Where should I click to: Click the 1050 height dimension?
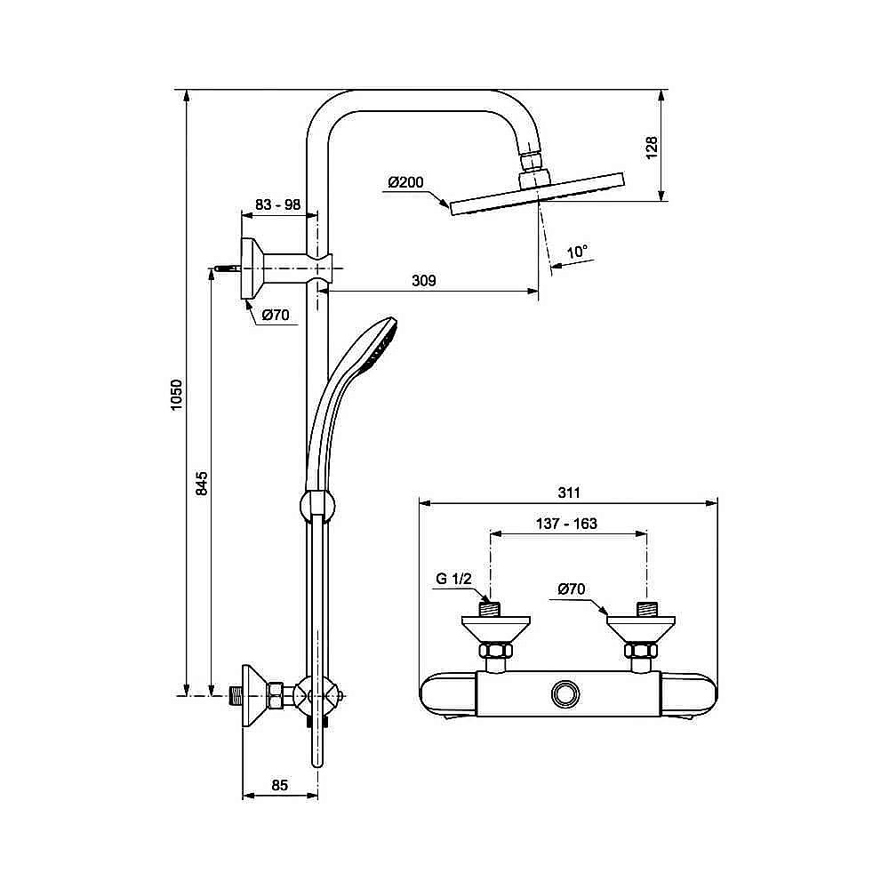[177, 395]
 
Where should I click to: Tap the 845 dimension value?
[202, 484]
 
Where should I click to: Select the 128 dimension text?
[651, 146]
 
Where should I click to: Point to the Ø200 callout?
[405, 183]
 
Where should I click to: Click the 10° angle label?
[578, 252]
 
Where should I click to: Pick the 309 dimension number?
[424, 281]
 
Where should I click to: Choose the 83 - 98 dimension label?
[277, 204]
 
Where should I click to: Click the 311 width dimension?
[569, 493]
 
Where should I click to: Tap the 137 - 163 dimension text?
[566, 524]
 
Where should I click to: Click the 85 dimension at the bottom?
[280, 785]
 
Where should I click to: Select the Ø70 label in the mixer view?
[572, 589]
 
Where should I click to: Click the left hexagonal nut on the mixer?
[494, 653]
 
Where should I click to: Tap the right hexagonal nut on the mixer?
[640, 653]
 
